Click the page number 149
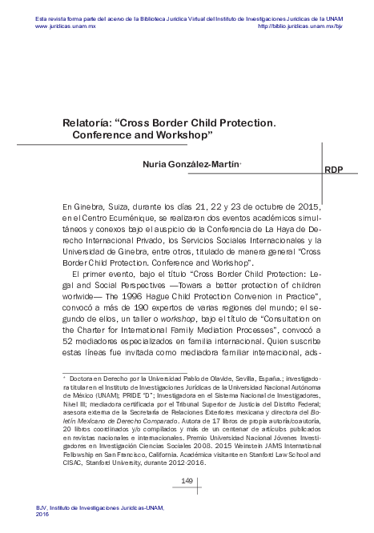tap(189, 480)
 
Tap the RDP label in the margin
tap(334, 170)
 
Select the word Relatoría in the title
tap(90, 125)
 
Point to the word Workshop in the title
tap(171, 138)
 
